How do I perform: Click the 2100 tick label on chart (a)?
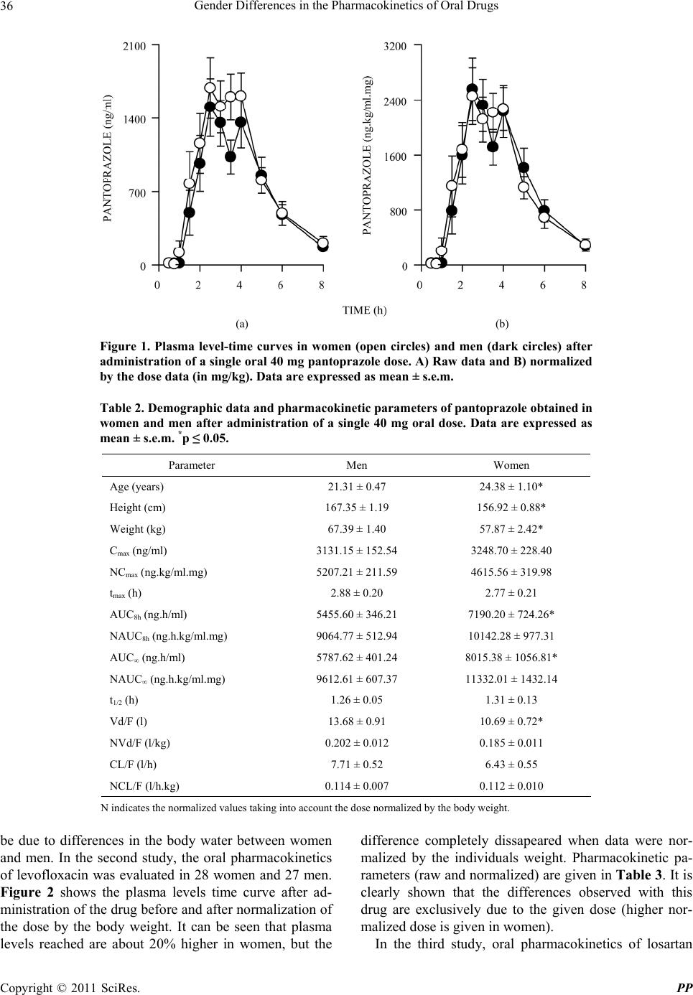tap(134, 46)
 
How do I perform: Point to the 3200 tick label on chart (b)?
tap(395, 46)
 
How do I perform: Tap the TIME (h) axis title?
tap(364, 310)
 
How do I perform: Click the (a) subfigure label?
tap(242, 324)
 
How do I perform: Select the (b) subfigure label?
tap(502, 324)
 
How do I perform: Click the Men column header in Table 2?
tap(357, 465)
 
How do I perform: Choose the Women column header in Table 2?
tap(511, 465)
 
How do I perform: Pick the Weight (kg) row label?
tap(138, 529)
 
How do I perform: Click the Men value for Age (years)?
tap(357, 487)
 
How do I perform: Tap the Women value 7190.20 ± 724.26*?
tap(511, 615)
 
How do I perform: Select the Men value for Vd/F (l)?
tap(357, 721)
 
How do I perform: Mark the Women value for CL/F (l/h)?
tap(511, 764)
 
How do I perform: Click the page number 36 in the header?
tap(6, 5)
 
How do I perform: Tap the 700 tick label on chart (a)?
tap(137, 193)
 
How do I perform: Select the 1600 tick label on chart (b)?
tap(395, 157)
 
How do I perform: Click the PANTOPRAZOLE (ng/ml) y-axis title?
tap(108, 158)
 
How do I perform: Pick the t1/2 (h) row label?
tap(124, 701)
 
